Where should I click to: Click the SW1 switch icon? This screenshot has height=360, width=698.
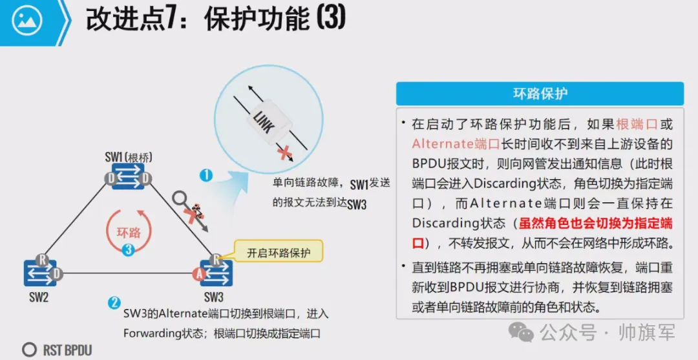(129, 178)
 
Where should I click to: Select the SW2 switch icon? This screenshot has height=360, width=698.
(39, 273)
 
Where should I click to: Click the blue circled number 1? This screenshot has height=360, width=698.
(206, 175)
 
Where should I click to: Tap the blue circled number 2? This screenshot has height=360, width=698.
(114, 302)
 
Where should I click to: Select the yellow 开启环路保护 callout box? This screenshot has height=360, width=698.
(279, 253)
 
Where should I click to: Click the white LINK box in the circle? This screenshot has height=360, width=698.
(267, 119)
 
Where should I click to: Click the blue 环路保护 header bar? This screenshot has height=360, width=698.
(540, 94)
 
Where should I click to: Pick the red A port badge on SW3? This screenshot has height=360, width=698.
(199, 275)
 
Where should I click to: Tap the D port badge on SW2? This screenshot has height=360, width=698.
(57, 274)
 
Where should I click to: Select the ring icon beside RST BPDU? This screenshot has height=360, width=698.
(29, 350)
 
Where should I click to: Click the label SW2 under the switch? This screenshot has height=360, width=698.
(39, 298)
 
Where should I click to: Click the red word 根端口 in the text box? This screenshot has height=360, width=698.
(636, 124)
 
